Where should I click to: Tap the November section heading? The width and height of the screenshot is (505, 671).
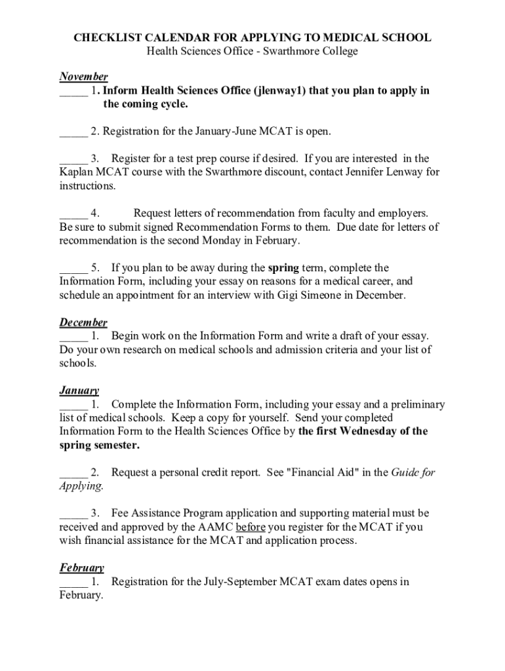[83, 77]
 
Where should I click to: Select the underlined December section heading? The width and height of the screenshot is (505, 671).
[83, 322]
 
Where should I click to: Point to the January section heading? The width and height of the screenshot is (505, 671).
[79, 391]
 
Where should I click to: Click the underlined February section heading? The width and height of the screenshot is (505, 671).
[81, 567]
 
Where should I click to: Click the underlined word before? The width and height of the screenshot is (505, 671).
[251, 527]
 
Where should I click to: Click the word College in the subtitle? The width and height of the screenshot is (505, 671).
[338, 51]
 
